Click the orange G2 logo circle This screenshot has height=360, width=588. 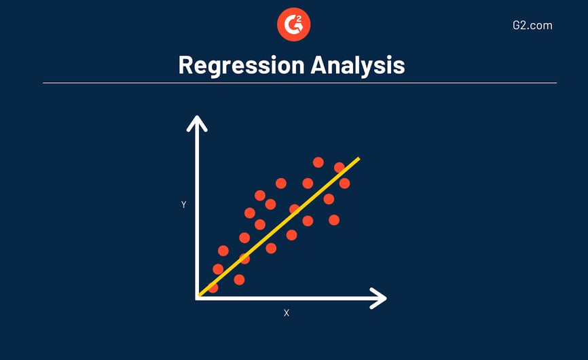tap(293, 24)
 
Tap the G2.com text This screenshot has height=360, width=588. tap(532, 26)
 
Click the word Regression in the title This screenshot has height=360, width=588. tap(242, 66)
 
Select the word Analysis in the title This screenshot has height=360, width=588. tap(358, 66)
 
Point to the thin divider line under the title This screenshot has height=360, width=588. tap(300, 83)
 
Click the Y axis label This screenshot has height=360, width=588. tap(184, 204)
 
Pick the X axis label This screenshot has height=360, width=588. tap(287, 312)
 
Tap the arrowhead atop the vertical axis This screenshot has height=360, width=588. tap(197, 123)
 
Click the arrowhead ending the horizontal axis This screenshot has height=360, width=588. tap(378, 298)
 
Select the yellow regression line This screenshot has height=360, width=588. tap(279, 227)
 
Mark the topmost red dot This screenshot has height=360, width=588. tap(318, 162)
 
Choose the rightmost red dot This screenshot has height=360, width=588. tap(345, 183)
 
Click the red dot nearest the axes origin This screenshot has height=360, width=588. tap(213, 287)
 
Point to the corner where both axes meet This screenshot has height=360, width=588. tap(197, 298)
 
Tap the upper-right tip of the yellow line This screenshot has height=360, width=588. tap(359, 158)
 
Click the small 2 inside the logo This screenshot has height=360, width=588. tap(299, 18)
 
